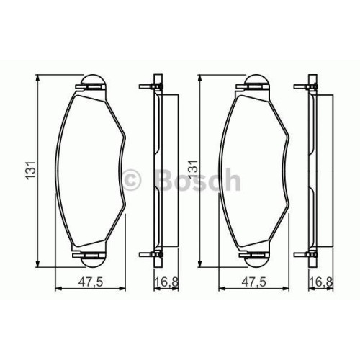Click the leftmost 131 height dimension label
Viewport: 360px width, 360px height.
point(32,170)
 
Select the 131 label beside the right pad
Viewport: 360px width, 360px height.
point(194,170)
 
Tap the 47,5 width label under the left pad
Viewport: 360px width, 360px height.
point(91,282)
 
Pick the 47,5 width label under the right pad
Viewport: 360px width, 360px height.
point(253,282)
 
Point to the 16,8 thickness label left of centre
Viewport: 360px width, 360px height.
point(167,282)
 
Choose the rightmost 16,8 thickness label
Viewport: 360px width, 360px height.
point(321,282)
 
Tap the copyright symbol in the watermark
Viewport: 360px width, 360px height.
point(132,180)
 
